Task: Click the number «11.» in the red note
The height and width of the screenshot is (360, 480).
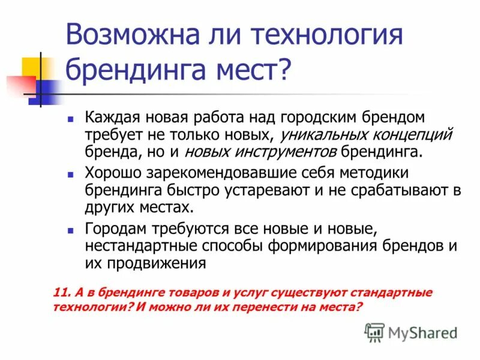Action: pyautogui.click(x=62, y=293)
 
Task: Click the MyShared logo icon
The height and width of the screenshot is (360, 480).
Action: pyautogui.click(x=374, y=332)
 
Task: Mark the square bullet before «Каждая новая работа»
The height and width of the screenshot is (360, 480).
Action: pyautogui.click(x=71, y=118)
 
